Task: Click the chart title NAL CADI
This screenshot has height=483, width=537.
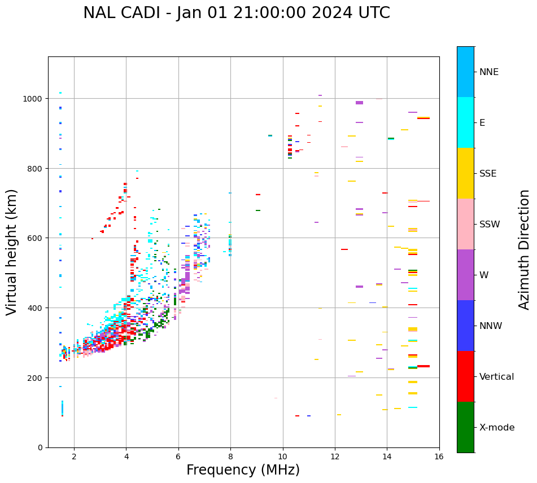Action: [x=236, y=13]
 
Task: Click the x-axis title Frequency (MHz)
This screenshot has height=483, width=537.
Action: [x=243, y=470]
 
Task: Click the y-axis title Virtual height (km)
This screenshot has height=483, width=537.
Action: [x=12, y=252]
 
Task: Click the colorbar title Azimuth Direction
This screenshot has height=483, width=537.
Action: [x=525, y=249]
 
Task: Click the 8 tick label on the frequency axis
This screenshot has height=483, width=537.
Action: [x=230, y=457]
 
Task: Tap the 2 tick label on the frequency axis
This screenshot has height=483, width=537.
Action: [x=74, y=457]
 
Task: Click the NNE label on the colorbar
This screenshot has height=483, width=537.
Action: [x=489, y=72]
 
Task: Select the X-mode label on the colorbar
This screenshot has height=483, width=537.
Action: [x=497, y=428]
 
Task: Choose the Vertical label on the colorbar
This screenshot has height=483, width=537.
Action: [x=497, y=377]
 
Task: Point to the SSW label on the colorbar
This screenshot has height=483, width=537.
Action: [x=490, y=225]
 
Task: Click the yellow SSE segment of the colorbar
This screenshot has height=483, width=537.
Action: [x=465, y=173]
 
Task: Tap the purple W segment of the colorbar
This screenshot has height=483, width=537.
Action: [x=465, y=275]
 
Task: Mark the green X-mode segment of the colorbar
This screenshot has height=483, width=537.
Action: [x=465, y=427]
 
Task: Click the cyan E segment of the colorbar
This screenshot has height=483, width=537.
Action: [x=465, y=122]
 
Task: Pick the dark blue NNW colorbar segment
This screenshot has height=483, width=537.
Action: [x=465, y=326]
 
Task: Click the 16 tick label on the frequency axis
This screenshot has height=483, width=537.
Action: [x=439, y=457]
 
